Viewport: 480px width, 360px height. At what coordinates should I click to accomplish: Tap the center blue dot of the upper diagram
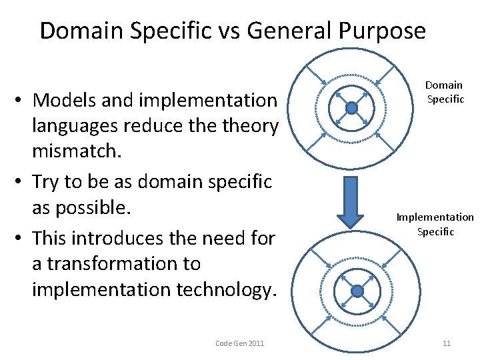pyautogui.click(x=352, y=108)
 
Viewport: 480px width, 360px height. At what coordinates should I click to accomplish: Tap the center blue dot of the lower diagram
pyautogui.click(x=357, y=291)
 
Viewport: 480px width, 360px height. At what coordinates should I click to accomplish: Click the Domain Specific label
pyautogui.click(x=444, y=92)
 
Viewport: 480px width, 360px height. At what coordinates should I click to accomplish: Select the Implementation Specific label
pyautogui.click(x=435, y=225)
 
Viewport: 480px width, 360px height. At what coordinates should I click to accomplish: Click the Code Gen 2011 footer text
pyautogui.click(x=240, y=343)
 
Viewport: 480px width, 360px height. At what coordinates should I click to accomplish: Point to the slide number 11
pyautogui.click(x=446, y=343)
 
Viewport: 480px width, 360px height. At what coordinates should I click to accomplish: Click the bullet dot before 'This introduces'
pyautogui.click(x=21, y=237)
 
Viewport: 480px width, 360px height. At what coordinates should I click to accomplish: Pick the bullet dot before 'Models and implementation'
pyautogui.click(x=21, y=101)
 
